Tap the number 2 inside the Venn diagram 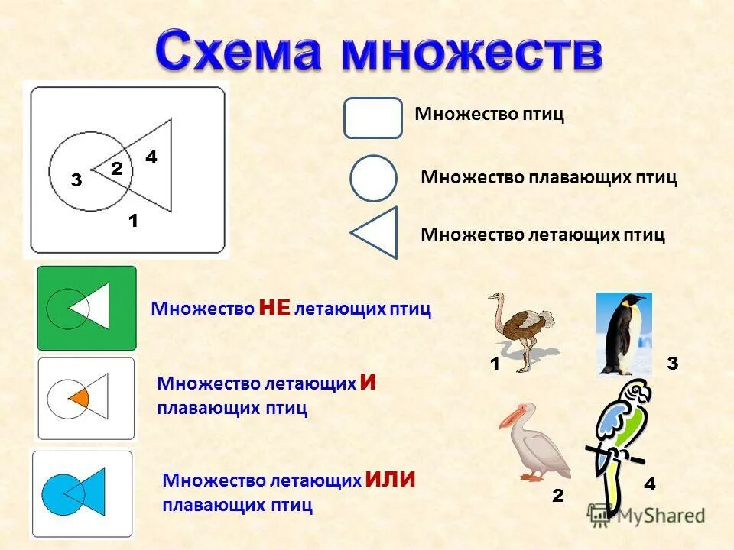117,169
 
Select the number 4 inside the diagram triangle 151,157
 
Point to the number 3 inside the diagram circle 76,180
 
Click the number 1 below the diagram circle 133,221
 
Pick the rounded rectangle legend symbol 372,118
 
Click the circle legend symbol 373,178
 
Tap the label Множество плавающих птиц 548,177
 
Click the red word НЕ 274,308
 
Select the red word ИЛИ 390,480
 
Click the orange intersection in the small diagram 81,397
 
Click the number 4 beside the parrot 649,484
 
